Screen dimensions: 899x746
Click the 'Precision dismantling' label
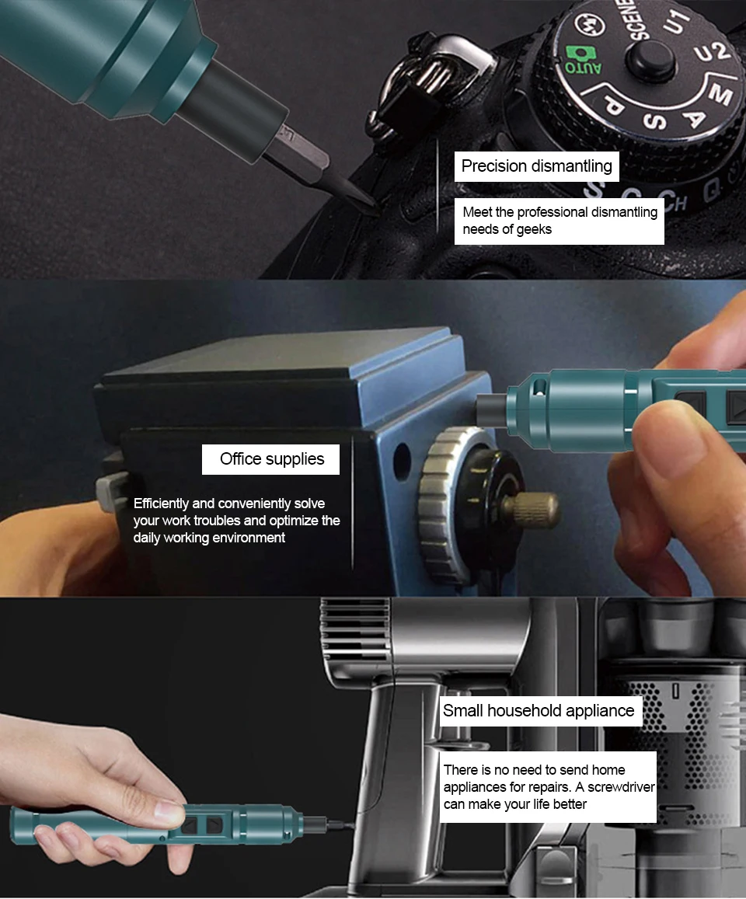[536, 166]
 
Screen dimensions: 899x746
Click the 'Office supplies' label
[271, 459]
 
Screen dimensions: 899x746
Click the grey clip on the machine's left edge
[109, 494]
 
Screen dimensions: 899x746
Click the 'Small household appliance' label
[539, 710]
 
